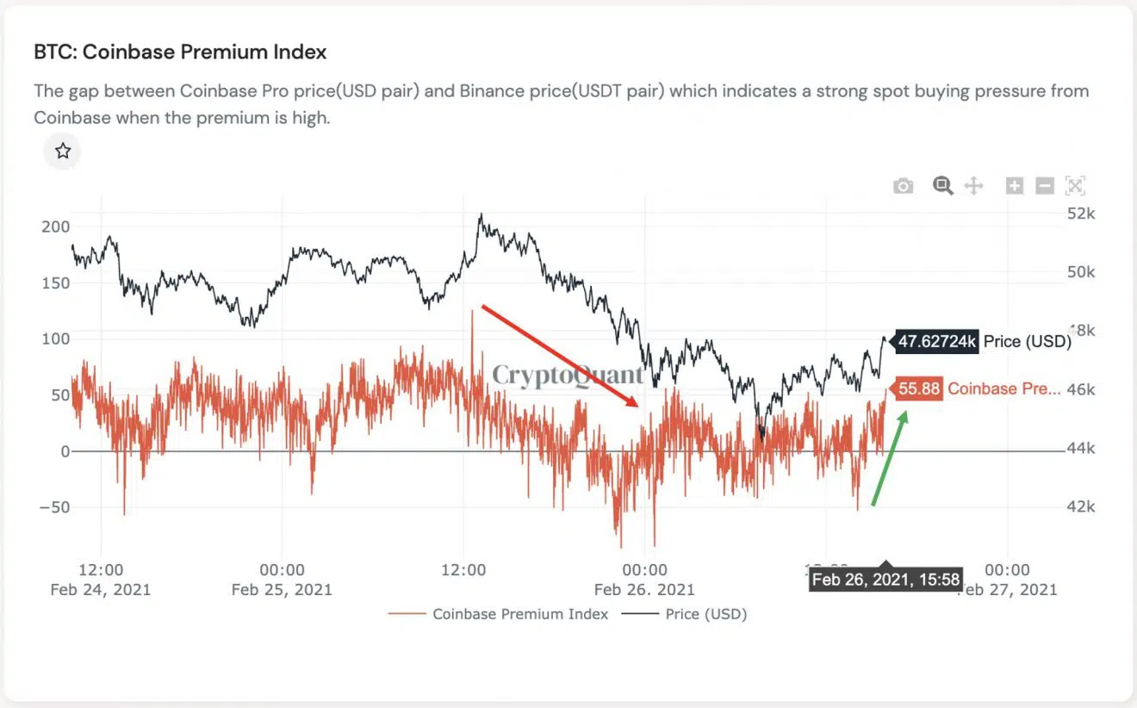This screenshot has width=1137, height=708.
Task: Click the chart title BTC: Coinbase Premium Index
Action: click(x=180, y=53)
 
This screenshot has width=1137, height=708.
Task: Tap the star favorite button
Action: click(x=63, y=152)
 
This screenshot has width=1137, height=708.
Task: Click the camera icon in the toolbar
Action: click(x=903, y=186)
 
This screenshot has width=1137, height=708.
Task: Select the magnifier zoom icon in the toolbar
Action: click(x=942, y=185)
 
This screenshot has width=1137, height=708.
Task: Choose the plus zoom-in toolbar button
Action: click(x=1015, y=185)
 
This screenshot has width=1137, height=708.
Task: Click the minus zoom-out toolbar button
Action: click(x=1044, y=185)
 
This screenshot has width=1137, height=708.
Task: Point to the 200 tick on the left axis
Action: click(x=54, y=227)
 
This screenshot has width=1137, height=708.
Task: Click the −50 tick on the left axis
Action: click(x=54, y=507)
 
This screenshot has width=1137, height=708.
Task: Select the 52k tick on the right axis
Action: click(x=1080, y=213)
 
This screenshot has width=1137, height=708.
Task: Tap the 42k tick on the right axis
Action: click(x=1080, y=506)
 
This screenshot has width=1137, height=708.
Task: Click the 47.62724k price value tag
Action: click(x=936, y=342)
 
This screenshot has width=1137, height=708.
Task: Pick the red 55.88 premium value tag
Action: click(x=918, y=388)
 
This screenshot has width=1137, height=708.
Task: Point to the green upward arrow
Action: click(x=890, y=458)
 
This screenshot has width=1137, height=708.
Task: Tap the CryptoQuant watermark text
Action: click(x=568, y=376)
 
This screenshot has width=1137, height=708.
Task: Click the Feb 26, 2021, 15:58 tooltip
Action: click(x=885, y=580)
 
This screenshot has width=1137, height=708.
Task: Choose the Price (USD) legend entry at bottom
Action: click(x=705, y=614)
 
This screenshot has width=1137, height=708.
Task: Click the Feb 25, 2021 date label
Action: click(x=282, y=590)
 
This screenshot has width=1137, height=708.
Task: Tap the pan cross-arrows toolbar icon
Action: click(x=973, y=185)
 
